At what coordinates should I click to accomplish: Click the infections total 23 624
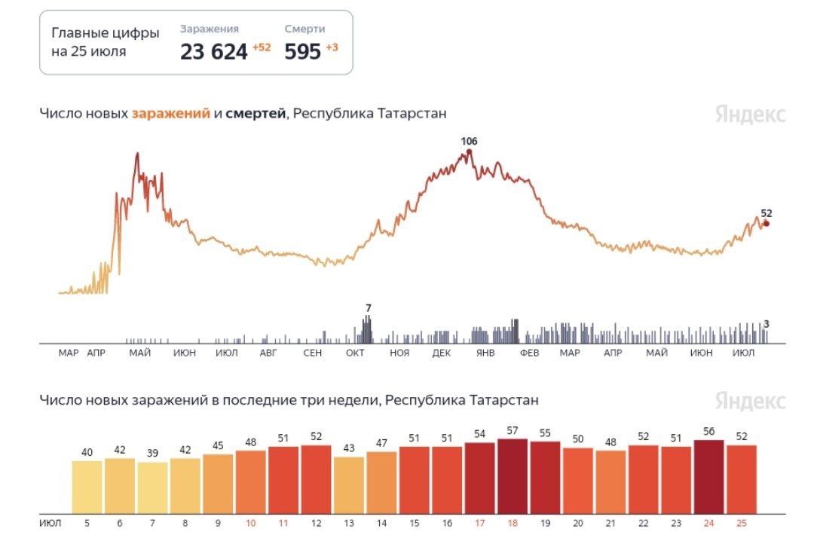pyautogui.click(x=213, y=51)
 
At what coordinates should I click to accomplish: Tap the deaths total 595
pyautogui.click(x=302, y=51)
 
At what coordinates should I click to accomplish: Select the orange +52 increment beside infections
pyautogui.click(x=262, y=47)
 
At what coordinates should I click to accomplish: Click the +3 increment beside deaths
pyautogui.click(x=332, y=47)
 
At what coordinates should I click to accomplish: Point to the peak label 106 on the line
pyautogui.click(x=470, y=142)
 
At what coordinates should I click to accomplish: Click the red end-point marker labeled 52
pyautogui.click(x=767, y=223)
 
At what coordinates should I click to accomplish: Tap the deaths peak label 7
pyautogui.click(x=369, y=308)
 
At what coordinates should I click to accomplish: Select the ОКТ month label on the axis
pyautogui.click(x=356, y=353)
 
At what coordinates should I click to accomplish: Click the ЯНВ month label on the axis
pyautogui.click(x=485, y=353)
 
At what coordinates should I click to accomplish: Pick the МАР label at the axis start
pyautogui.click(x=69, y=353)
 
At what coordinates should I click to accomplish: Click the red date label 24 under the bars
pyautogui.click(x=708, y=522)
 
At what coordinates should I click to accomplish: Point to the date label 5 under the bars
pyautogui.click(x=87, y=522)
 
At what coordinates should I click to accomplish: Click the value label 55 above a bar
pyautogui.click(x=545, y=433)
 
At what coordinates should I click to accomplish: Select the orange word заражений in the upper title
pyautogui.click(x=170, y=114)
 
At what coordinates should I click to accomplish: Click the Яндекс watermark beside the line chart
pyautogui.click(x=750, y=115)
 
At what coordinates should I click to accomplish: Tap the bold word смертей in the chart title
pyautogui.click(x=256, y=114)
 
